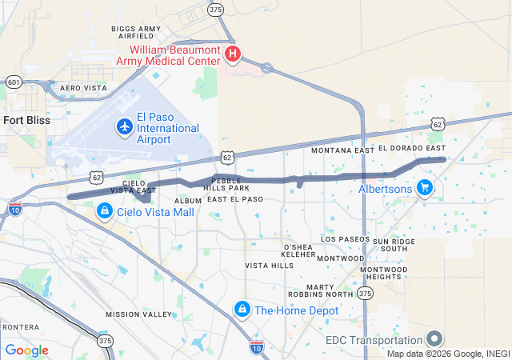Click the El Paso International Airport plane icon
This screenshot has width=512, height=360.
tap(125, 126)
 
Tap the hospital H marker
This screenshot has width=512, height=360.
tap(233, 54)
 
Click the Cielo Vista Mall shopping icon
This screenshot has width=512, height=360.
tap(105, 211)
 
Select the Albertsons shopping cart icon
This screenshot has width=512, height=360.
tap(425, 189)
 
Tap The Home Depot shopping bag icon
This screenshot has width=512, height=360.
tap(242, 309)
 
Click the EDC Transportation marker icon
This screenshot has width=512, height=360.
tap(434, 339)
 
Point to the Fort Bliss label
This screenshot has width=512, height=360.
tap(26, 120)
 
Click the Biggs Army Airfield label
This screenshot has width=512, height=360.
tap(135, 32)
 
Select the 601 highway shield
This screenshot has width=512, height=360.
tap(13, 82)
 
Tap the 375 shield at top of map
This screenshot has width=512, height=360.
tap(214, 10)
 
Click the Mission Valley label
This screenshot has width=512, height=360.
tap(138, 314)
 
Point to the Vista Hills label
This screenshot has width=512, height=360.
tap(270, 266)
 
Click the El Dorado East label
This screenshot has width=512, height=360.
tap(412, 149)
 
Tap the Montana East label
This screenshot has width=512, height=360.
tap(342, 150)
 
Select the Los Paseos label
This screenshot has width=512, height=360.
tap(345, 239)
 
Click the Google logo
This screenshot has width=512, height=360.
tap(26, 350)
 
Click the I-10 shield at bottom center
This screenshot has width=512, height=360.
tap(256, 346)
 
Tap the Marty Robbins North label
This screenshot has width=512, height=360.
tap(330, 290)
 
